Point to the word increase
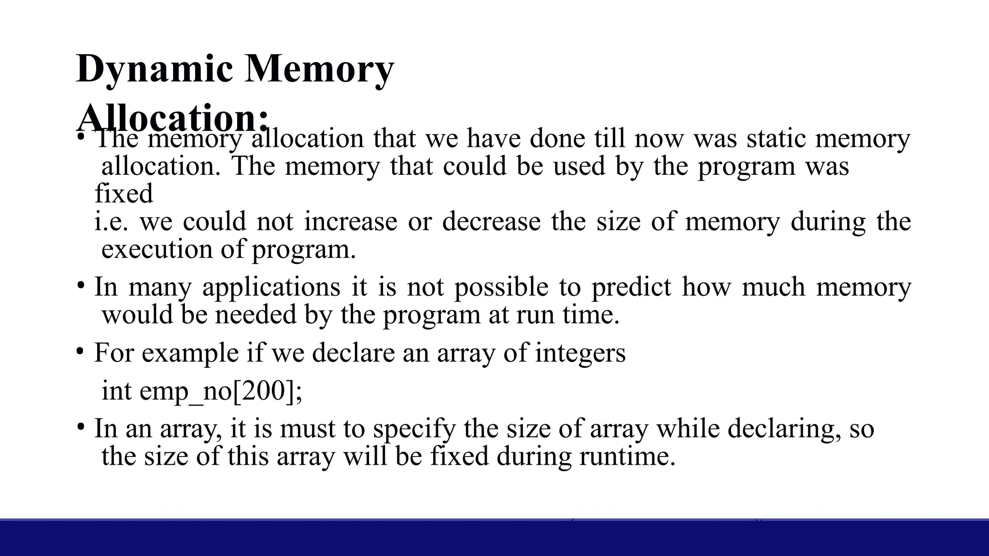point(351,222)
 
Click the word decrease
point(491,222)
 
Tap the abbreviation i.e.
point(111,222)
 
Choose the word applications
point(271,287)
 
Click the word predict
point(631,287)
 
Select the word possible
point(501,287)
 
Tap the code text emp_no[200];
point(221,390)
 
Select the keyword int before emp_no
point(116,390)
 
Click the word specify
point(414,429)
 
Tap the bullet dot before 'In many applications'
point(80,285)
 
